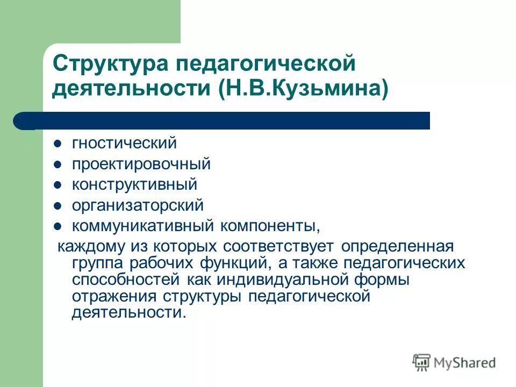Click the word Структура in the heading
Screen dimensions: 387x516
111,64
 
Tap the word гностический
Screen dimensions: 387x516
124,144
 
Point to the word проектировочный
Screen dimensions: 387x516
141,164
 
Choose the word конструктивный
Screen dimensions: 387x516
134,184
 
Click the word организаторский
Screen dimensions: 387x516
138,205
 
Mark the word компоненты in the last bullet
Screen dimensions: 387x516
268,225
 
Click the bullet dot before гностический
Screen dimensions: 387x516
59,144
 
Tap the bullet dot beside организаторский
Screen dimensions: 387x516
59,205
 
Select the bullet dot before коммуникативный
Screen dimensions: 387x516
59,226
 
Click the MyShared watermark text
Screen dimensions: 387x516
465,363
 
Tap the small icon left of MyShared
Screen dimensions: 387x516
422,362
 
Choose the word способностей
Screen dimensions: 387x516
127,279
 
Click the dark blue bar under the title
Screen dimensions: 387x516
226,120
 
